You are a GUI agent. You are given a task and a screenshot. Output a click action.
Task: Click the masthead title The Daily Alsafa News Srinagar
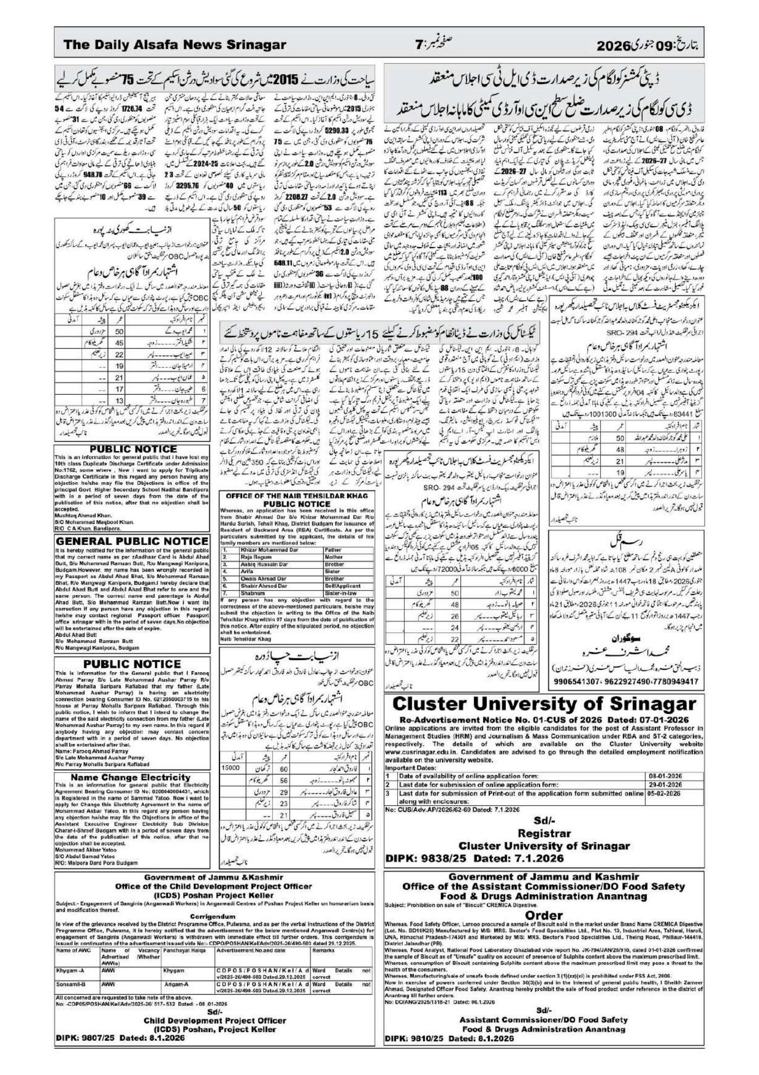pyautogui.click(x=175, y=45)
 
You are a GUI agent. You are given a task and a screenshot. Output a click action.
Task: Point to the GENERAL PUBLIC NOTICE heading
pyautogui.click(x=132, y=541)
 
